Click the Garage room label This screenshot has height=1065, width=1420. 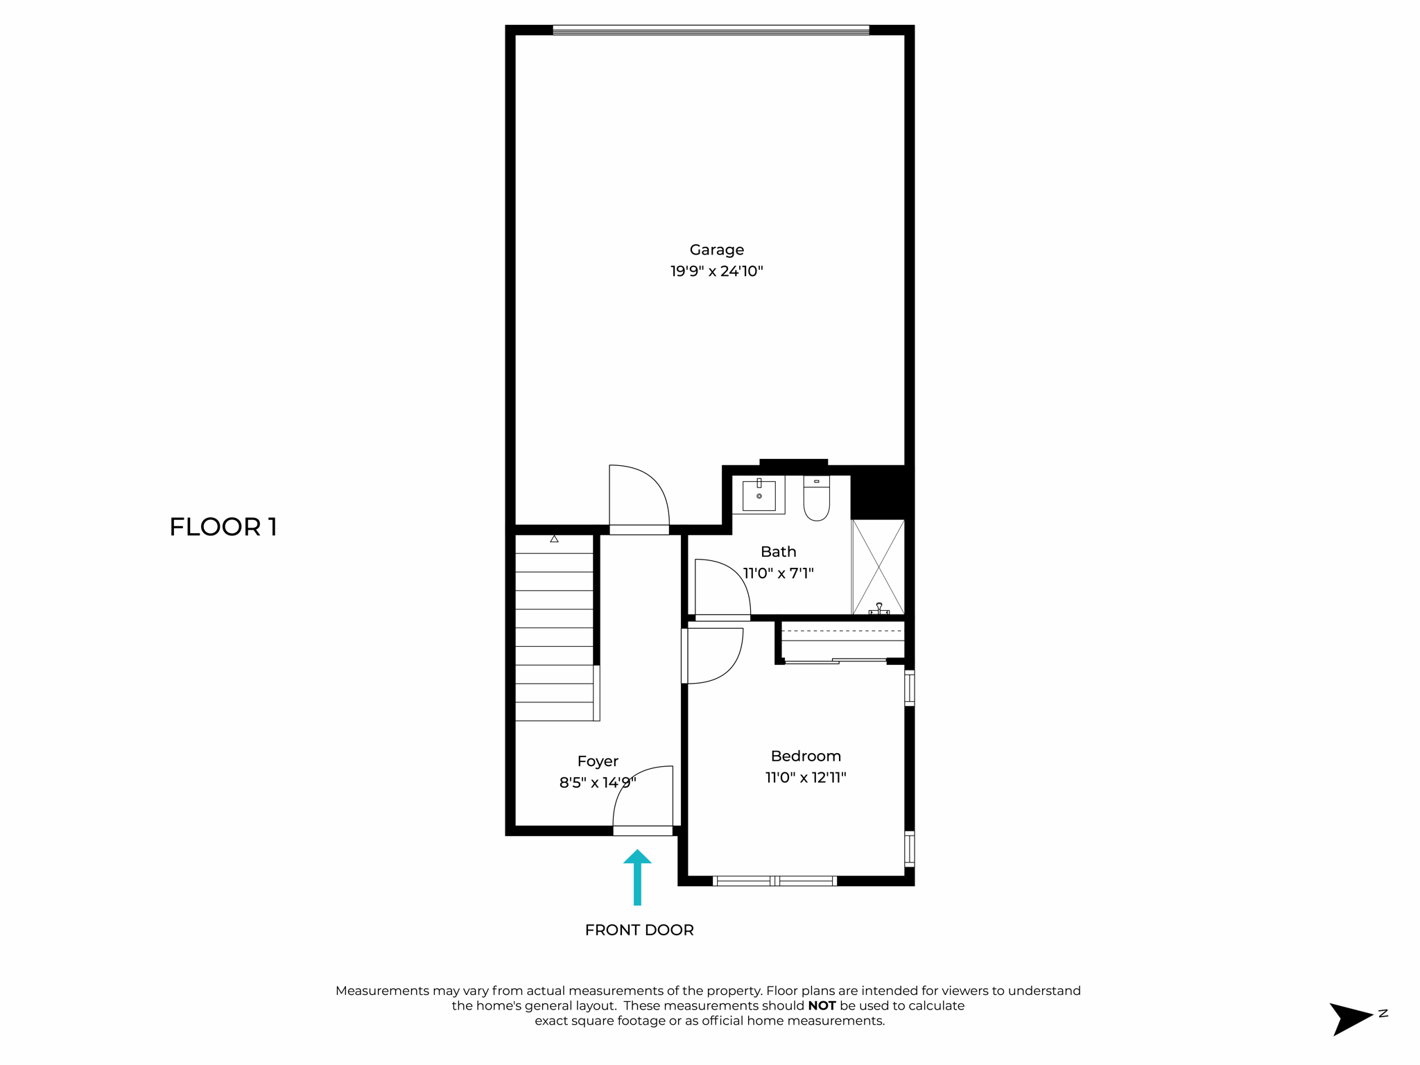pyautogui.click(x=716, y=250)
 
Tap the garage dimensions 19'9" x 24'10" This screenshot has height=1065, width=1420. pyautogui.click(x=716, y=271)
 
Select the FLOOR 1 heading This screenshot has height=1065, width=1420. pyautogui.click(x=223, y=527)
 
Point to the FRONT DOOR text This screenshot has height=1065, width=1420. pyautogui.click(x=639, y=930)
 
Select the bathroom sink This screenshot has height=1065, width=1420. pyautogui.click(x=759, y=495)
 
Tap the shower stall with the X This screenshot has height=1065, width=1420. pyautogui.click(x=878, y=566)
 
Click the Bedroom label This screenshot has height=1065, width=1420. pyautogui.click(x=805, y=756)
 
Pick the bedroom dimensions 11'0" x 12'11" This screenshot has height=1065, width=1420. pyautogui.click(x=805, y=777)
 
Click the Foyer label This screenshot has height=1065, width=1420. pyautogui.click(x=598, y=761)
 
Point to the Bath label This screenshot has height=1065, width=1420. pyautogui.click(x=778, y=552)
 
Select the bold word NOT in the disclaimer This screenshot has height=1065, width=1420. pyautogui.click(x=822, y=1005)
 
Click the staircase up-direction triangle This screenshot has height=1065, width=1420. pyautogui.click(x=554, y=539)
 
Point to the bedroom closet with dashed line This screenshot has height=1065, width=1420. pyautogui.click(x=842, y=640)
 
